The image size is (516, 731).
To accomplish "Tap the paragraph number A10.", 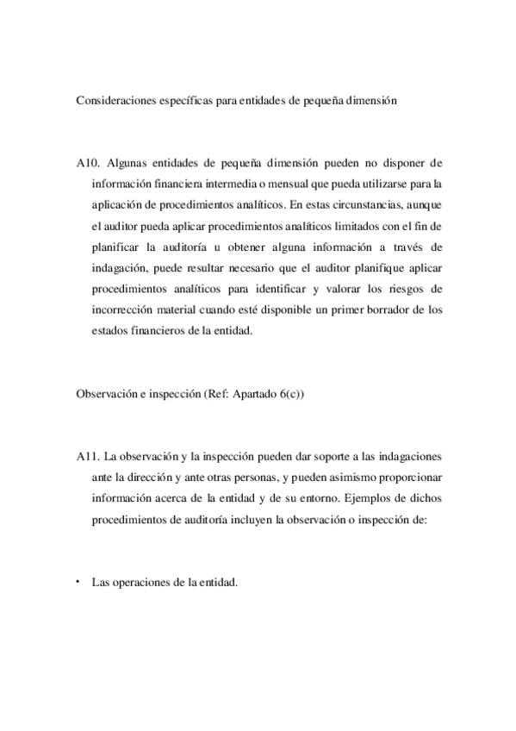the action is click(x=88, y=162).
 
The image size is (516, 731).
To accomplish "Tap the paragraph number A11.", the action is click(x=88, y=456).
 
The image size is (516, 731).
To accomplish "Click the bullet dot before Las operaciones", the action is click(x=78, y=581).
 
